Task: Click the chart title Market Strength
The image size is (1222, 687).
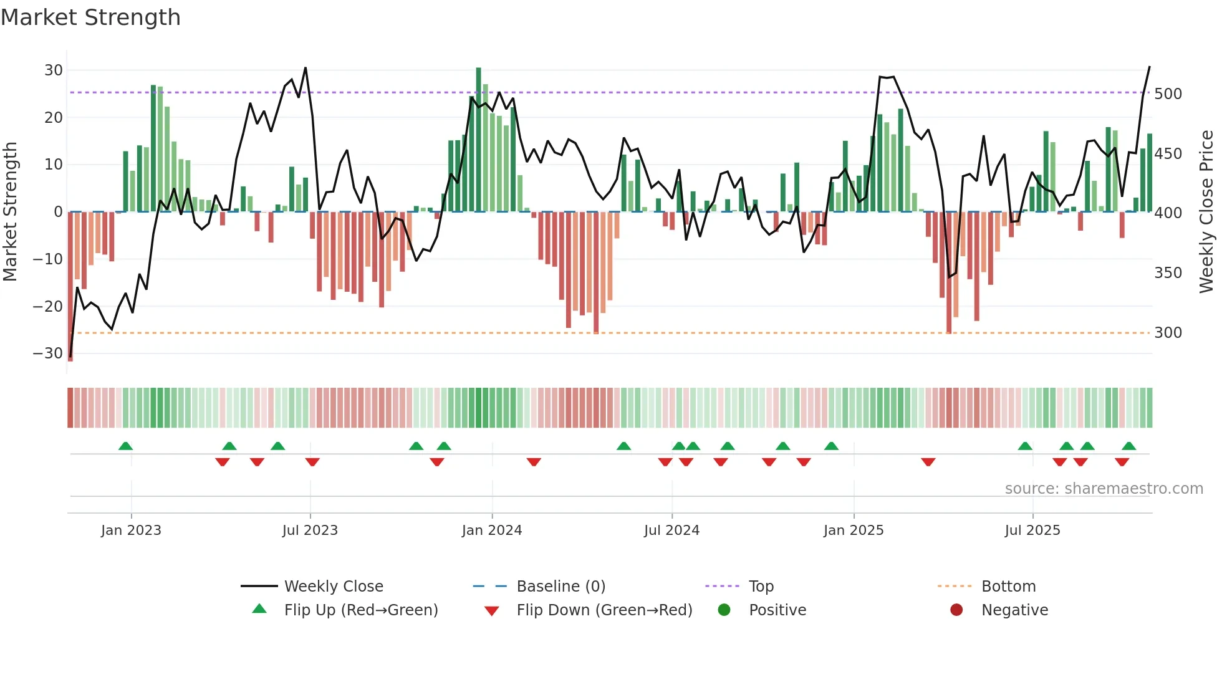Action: click(x=90, y=17)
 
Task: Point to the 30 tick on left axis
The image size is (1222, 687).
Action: click(x=54, y=70)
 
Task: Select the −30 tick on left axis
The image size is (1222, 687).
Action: click(x=49, y=353)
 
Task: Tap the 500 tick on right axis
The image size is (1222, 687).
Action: click(x=1168, y=94)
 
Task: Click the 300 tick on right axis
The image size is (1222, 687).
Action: click(x=1168, y=333)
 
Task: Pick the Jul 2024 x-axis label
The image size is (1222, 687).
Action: click(x=671, y=531)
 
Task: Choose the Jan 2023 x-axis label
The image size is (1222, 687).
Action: click(x=131, y=531)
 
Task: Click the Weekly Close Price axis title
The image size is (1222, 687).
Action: click(x=1206, y=212)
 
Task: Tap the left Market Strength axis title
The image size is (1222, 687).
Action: click(x=11, y=212)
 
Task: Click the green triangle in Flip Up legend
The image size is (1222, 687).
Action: click(x=259, y=609)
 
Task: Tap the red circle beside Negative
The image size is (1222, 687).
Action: click(x=956, y=610)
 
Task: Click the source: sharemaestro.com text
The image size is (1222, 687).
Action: click(x=1104, y=489)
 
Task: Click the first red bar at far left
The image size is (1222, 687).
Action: click(x=70, y=287)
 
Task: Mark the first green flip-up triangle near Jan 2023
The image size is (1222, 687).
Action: click(x=125, y=446)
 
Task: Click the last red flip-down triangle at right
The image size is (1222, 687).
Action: click(x=1122, y=462)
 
